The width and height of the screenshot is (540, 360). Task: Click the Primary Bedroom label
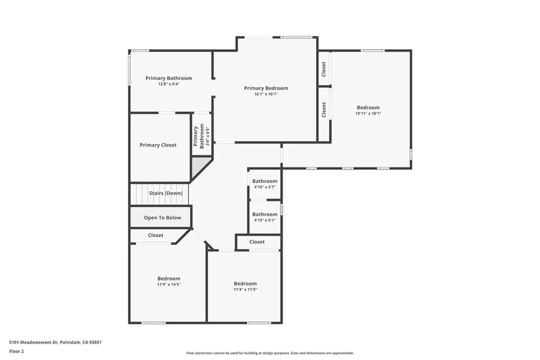(266, 88)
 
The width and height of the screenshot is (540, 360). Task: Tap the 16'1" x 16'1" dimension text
(266, 94)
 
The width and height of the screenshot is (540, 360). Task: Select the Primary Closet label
(158, 145)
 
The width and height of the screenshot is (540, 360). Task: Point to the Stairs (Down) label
(166, 193)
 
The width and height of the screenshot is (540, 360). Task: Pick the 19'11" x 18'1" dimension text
(368, 113)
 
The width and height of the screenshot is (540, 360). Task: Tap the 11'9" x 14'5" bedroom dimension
(169, 284)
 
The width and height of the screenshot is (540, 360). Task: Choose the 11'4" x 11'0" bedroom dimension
(245, 289)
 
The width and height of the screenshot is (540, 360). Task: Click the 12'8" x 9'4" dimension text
(169, 84)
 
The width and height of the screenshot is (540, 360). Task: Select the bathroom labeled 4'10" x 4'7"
(265, 181)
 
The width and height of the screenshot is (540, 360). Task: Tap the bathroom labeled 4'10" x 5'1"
(265, 214)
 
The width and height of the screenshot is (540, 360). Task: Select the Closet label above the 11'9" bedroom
(155, 235)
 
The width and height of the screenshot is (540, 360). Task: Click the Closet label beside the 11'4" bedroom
(257, 242)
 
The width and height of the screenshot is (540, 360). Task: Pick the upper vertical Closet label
(324, 69)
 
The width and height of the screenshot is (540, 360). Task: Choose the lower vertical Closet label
(324, 109)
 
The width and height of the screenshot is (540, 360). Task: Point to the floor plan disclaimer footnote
(269, 353)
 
